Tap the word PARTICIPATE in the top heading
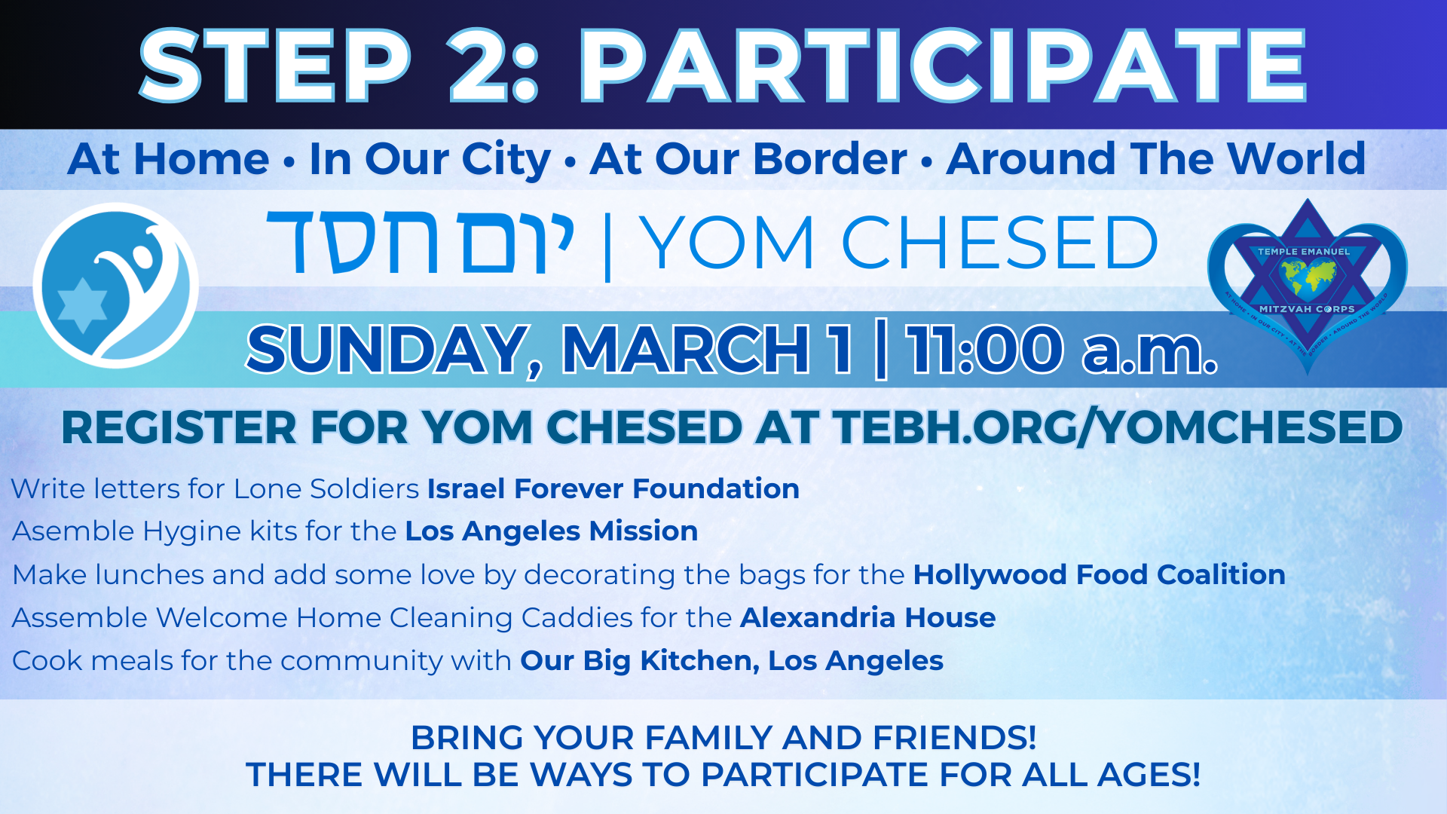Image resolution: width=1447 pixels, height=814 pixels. coord(942,66)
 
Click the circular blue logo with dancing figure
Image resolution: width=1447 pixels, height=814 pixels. coord(115,285)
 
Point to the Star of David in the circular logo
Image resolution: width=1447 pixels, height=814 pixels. coord(82,305)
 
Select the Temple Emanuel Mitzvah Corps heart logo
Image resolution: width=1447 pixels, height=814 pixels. coord(1307,287)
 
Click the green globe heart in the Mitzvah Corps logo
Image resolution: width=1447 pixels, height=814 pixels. coord(1307,277)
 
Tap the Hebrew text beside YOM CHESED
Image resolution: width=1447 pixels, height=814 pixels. coord(421,242)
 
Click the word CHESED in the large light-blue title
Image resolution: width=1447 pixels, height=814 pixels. coord(999,242)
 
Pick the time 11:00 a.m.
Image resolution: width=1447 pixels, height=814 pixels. coord(1061,350)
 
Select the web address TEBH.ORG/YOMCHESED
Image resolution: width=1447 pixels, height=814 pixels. coord(1117,428)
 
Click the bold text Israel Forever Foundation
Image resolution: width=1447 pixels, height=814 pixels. coord(613,488)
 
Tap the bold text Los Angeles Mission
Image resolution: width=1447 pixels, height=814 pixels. coord(552,532)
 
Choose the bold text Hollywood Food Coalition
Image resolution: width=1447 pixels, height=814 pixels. coord(1099,575)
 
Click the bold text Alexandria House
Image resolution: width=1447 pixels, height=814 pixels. coord(868,617)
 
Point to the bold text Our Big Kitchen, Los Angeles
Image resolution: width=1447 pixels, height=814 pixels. coord(732,661)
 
